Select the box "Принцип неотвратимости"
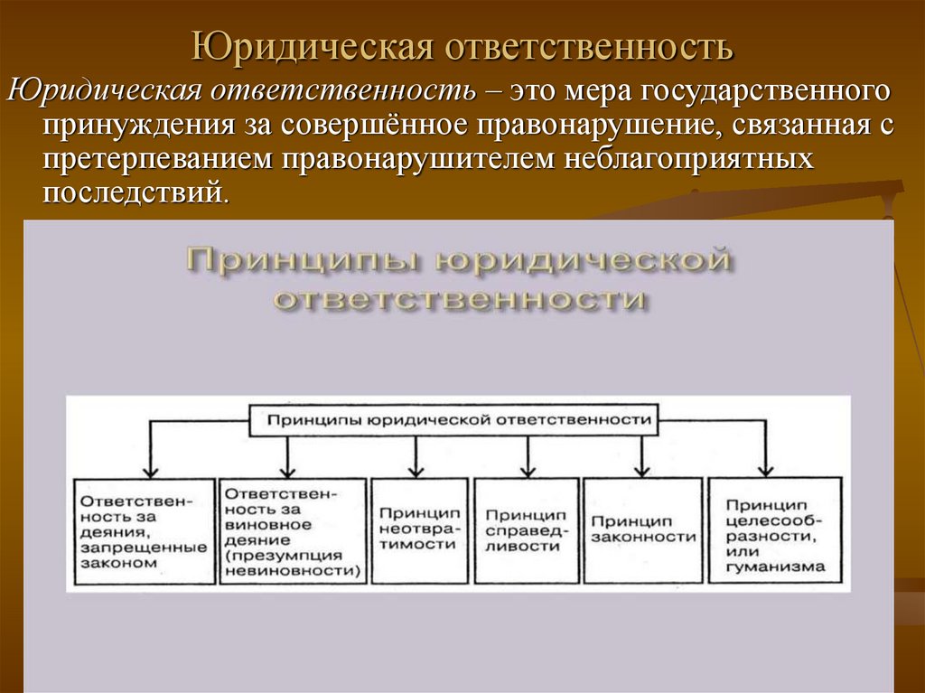click(418, 529)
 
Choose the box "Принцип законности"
click(642, 529)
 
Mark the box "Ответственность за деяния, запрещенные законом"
click(143, 531)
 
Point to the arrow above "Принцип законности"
click(642, 456)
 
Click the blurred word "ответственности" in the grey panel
click(461, 299)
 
